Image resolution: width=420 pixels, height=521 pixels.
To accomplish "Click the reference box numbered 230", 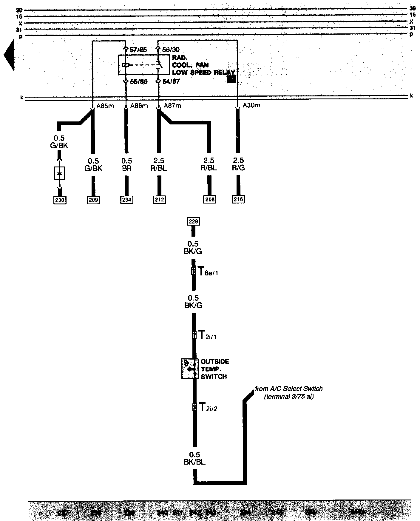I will point(60,200).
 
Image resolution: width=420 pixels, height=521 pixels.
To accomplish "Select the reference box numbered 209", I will point(93,200).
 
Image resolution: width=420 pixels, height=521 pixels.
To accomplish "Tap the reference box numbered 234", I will point(126,200).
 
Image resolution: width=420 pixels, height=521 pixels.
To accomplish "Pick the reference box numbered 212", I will point(159,200).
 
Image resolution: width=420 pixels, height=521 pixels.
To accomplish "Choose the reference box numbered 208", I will point(210,199).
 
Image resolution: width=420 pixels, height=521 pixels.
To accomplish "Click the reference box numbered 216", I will point(238,199).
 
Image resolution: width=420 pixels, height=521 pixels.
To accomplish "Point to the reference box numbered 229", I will point(193,221).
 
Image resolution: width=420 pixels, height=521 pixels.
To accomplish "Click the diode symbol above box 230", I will point(60,173).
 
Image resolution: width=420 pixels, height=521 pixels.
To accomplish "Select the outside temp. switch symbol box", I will point(190,369).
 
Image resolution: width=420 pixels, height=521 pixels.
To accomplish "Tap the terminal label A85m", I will point(105,106).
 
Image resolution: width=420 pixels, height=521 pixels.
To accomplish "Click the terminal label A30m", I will point(251,105).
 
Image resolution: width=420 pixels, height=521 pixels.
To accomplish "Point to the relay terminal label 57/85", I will point(138,50).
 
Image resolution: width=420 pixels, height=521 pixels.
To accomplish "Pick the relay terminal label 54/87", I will point(171,81).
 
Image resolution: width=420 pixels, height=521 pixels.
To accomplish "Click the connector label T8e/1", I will point(208,272).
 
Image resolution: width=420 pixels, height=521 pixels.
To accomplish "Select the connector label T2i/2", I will point(208,407).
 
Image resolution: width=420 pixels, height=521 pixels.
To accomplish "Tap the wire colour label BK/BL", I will point(194,462).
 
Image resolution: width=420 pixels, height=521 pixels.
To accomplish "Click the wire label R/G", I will point(238,168).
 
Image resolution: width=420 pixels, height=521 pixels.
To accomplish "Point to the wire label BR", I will point(126,168).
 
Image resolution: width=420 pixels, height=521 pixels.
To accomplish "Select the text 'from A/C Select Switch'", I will point(288,389).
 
